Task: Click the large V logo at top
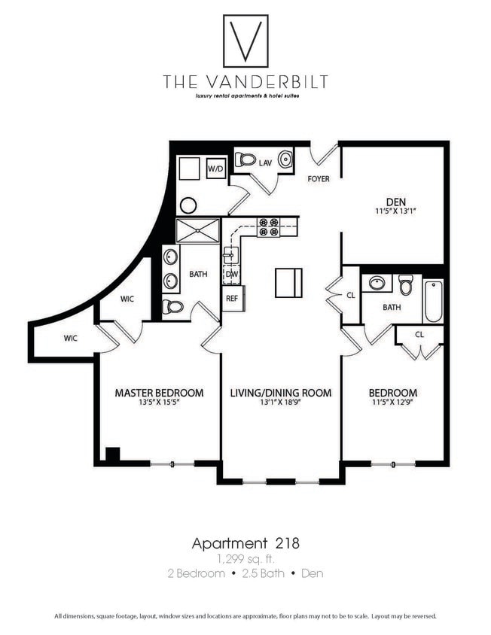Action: (x=245, y=41)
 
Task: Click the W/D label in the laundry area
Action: (x=215, y=169)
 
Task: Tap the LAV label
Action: (x=265, y=162)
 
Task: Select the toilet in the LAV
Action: (x=245, y=160)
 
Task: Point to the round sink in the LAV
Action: (x=286, y=160)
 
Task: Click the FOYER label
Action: (x=319, y=179)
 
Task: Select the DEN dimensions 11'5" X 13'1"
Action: (x=395, y=211)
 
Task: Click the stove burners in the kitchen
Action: (x=268, y=227)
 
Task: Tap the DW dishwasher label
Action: (x=231, y=275)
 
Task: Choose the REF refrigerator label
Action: (x=231, y=298)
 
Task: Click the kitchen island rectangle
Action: (x=288, y=282)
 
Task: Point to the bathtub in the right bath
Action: (x=432, y=300)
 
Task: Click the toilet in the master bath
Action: (x=172, y=307)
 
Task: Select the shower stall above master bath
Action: (x=198, y=230)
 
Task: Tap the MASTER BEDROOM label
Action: (x=159, y=393)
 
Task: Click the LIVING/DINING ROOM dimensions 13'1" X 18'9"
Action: (x=280, y=403)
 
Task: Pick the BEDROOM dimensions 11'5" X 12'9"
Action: (x=392, y=403)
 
